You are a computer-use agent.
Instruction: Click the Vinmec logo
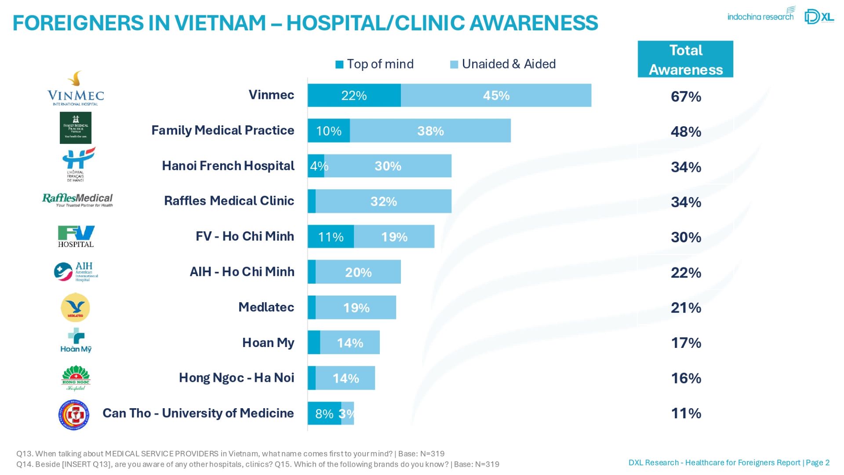76,89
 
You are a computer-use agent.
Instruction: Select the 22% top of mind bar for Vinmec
354,95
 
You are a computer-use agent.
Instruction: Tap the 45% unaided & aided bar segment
496,95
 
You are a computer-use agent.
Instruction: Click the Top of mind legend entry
374,64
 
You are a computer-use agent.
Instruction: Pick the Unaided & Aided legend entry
503,64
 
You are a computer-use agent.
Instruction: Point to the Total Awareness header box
685,59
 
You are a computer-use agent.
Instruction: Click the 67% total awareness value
686,97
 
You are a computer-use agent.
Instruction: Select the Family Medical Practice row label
223,131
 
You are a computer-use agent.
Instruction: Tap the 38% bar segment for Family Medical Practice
430,131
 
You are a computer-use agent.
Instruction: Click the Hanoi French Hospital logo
77,164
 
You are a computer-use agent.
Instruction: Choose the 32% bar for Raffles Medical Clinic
383,201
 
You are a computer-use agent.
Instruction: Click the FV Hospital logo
76,237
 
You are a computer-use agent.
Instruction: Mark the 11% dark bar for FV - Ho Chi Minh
331,237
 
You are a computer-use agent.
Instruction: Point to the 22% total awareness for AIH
686,273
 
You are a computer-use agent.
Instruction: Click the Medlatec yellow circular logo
75,307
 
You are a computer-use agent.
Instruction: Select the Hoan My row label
268,343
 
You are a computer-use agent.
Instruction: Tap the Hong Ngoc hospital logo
76,378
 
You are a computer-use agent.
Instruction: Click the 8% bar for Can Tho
324,413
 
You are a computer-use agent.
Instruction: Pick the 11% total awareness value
686,413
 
